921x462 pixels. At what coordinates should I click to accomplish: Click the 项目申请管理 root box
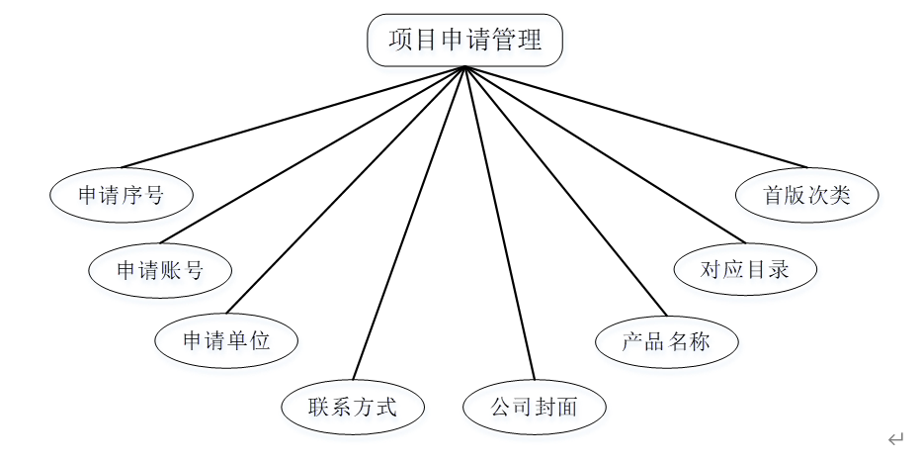(465, 41)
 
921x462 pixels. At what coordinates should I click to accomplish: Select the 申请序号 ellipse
(121, 195)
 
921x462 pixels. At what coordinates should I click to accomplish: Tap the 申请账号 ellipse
(160, 269)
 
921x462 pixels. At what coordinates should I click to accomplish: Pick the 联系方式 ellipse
(353, 407)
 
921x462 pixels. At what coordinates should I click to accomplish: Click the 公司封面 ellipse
(534, 407)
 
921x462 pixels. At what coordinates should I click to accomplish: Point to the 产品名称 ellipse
(666, 342)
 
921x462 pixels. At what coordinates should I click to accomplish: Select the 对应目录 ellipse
(745, 269)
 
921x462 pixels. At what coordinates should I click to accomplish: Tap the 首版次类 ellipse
(806, 195)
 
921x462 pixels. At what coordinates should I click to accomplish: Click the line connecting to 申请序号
(293, 117)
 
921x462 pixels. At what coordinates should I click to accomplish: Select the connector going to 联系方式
(409, 224)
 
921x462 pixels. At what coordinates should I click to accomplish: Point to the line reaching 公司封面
(499, 224)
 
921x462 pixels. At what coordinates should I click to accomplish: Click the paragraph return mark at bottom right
(895, 439)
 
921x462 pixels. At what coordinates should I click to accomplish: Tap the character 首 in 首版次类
(774, 195)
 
